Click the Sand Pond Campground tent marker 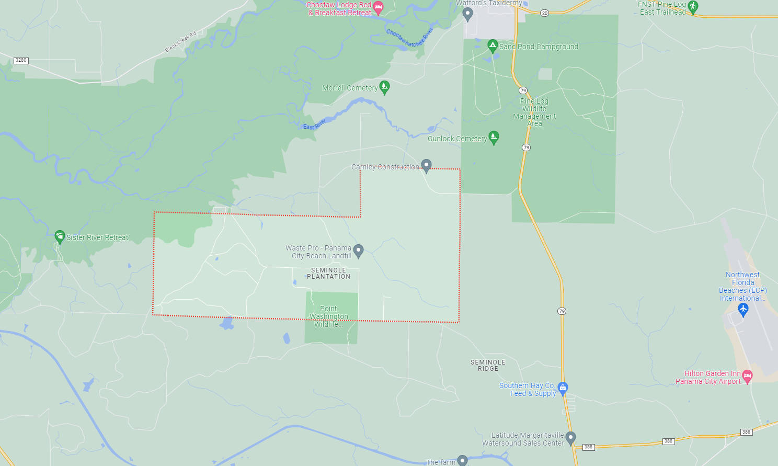pyautogui.click(x=493, y=46)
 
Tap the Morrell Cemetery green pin pyautogui.click(x=384, y=87)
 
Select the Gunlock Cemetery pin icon pyautogui.click(x=494, y=137)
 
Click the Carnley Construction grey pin pyautogui.click(x=426, y=166)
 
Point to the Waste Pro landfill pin pyautogui.click(x=358, y=251)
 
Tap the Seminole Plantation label pyautogui.click(x=328, y=274)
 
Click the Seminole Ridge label pyautogui.click(x=488, y=365)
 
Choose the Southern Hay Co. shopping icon pyautogui.click(x=563, y=388)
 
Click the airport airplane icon pyautogui.click(x=743, y=310)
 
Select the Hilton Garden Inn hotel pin pyautogui.click(x=747, y=376)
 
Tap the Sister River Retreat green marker pyautogui.click(x=60, y=236)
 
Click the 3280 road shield pyautogui.click(x=21, y=60)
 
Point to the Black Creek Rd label pyautogui.click(x=181, y=41)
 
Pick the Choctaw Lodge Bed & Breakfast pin pyautogui.click(x=378, y=7)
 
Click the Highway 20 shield pyautogui.click(x=544, y=13)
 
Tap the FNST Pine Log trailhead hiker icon pyautogui.click(x=693, y=6)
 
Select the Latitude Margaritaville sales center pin pyautogui.click(x=571, y=438)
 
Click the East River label pyautogui.click(x=314, y=124)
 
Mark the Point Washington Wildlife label pyautogui.click(x=329, y=316)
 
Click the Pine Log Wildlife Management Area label pyautogui.click(x=534, y=112)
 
